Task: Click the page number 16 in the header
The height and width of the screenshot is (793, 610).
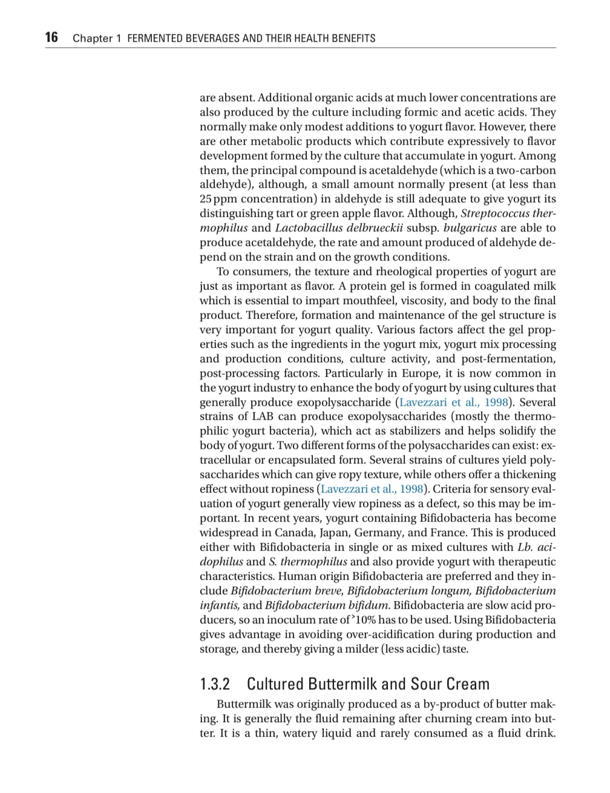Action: (51, 38)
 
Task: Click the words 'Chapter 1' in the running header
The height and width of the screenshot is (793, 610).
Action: (93, 39)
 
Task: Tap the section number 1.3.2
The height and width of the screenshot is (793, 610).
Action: (215, 685)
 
